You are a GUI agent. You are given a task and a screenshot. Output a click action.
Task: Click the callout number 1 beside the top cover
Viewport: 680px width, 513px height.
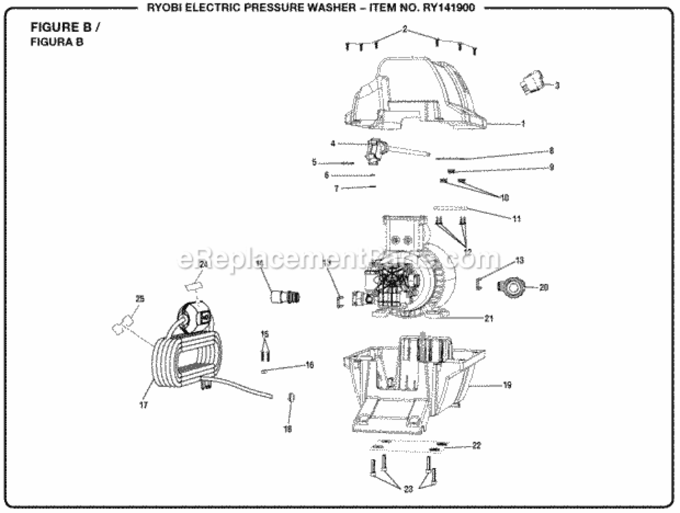[523, 124]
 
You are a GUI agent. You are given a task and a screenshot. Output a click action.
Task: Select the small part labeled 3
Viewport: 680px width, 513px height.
[531, 83]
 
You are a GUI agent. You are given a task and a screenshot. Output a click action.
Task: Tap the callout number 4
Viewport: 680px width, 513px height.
[332, 144]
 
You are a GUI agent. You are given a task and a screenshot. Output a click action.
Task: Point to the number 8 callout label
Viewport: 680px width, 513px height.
[551, 150]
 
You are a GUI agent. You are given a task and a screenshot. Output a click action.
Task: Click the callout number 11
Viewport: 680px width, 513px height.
[516, 218]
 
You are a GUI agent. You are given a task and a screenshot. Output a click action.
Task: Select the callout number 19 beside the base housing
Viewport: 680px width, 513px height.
[507, 385]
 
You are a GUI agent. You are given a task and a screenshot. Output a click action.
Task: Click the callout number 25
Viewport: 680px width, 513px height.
[140, 299]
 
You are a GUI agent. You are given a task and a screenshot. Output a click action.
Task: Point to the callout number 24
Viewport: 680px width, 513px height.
[202, 264]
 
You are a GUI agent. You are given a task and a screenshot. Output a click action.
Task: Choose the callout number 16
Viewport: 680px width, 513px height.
[309, 365]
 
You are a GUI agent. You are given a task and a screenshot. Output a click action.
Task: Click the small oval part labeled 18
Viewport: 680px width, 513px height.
[291, 397]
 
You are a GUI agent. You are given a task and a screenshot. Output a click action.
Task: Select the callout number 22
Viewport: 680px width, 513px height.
[476, 445]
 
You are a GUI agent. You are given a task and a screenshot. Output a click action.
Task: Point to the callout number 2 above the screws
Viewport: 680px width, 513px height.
[404, 29]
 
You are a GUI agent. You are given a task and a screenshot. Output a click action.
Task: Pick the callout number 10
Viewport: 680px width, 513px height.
[504, 197]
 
